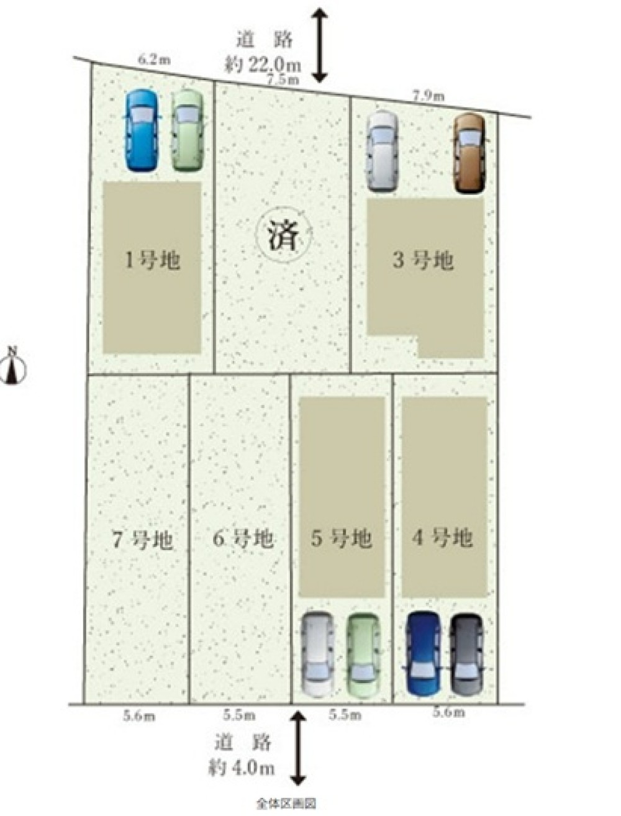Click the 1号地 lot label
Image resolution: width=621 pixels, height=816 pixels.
click(x=152, y=260)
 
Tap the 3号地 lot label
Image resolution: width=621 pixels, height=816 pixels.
click(x=423, y=260)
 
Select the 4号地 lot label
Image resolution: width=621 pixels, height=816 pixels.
click(x=442, y=537)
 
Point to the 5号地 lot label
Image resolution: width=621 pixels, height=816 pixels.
click(x=342, y=538)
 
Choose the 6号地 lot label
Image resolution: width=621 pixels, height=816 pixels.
click(x=243, y=538)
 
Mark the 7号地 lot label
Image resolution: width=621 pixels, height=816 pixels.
click(x=142, y=540)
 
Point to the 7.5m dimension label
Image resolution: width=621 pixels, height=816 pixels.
click(x=283, y=79)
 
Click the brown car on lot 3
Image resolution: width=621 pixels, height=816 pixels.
click(x=469, y=152)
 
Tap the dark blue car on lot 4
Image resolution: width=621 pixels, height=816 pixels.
click(x=424, y=653)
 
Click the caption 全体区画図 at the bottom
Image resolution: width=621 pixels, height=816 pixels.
click(x=286, y=804)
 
